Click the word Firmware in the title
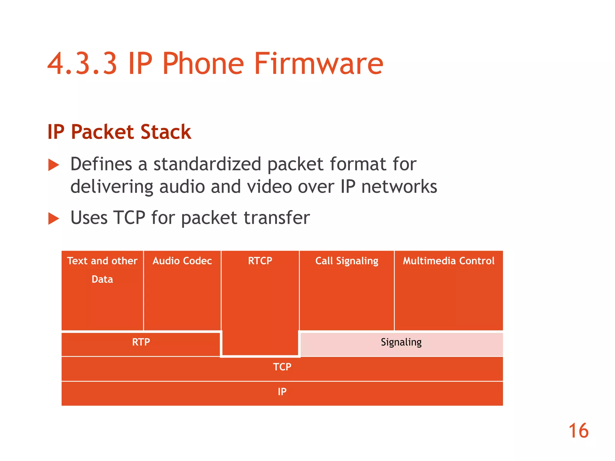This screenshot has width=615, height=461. click(x=318, y=64)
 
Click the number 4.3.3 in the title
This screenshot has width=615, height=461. click(x=82, y=64)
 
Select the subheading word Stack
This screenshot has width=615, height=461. click(x=165, y=132)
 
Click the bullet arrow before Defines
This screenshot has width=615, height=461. click(x=54, y=165)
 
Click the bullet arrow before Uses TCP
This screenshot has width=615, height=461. click(x=54, y=218)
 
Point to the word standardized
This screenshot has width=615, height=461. click(x=207, y=164)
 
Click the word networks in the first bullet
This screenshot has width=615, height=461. click(x=399, y=187)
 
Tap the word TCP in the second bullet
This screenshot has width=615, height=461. click(x=129, y=218)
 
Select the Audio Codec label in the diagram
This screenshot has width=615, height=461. click(x=182, y=261)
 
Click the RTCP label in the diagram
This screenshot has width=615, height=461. click(x=260, y=261)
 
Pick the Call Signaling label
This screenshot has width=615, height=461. click(x=347, y=261)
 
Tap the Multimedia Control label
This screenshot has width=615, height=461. click(x=449, y=261)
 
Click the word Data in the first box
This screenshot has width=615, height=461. click(x=102, y=279)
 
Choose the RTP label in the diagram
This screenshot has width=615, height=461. click(x=141, y=342)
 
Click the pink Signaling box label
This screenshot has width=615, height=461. click(x=401, y=342)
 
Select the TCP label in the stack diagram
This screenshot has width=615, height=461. click(x=282, y=367)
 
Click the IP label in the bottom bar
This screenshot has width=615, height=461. click(x=282, y=392)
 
